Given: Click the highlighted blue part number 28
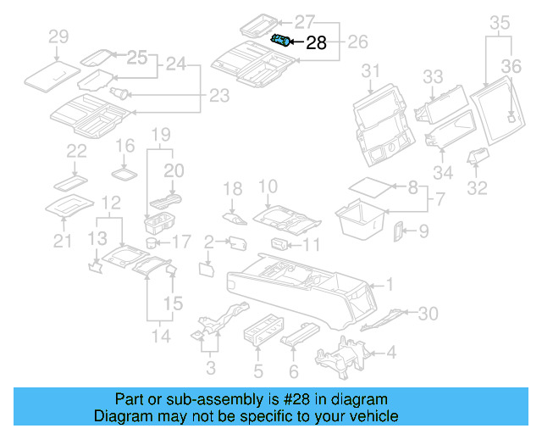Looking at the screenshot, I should click(280, 40).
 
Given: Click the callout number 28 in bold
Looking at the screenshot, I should click(316, 43).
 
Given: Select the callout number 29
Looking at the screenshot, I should click(58, 36).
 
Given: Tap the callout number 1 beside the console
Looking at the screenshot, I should click(390, 284).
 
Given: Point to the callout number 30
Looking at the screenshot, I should click(429, 314).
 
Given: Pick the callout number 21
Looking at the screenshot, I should click(60, 242).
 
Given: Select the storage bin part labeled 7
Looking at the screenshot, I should click(362, 215).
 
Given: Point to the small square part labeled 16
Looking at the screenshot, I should click(124, 174).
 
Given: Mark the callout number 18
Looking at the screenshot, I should click(232, 187).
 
